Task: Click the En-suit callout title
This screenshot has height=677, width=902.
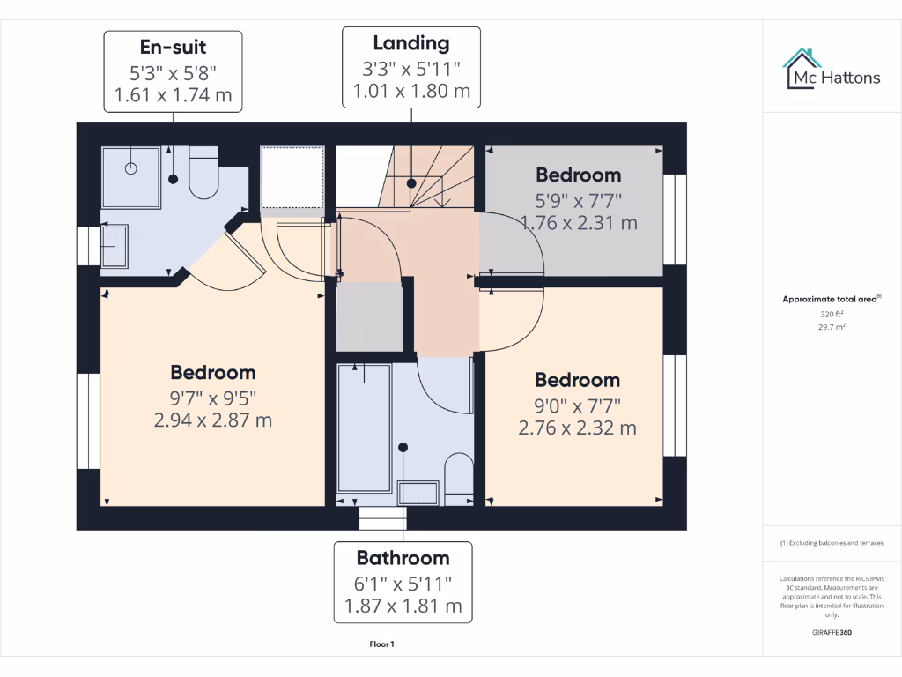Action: click(x=174, y=46)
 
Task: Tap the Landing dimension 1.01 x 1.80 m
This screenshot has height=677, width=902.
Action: click(x=411, y=91)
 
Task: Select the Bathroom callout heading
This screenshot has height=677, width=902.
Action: click(x=403, y=558)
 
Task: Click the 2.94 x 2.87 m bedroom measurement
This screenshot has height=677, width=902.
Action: click(x=213, y=420)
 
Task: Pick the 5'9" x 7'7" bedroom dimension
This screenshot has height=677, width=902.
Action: click(x=579, y=199)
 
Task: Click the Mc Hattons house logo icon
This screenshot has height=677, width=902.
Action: click(x=802, y=68)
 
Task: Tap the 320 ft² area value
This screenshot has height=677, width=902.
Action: click(x=832, y=314)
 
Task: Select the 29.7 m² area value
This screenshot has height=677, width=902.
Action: click(x=832, y=326)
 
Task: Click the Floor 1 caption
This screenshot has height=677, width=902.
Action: click(x=381, y=644)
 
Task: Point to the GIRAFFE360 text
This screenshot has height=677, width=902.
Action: click(x=832, y=632)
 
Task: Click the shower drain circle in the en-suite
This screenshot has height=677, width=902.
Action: click(x=131, y=167)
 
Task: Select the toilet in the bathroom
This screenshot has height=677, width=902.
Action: click(x=458, y=480)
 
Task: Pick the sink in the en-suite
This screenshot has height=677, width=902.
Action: click(x=114, y=246)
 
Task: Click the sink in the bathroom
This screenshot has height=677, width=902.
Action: click(x=418, y=493)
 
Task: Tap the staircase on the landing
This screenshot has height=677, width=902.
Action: click(x=432, y=176)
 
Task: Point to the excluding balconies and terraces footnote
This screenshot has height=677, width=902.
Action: click(x=832, y=543)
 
